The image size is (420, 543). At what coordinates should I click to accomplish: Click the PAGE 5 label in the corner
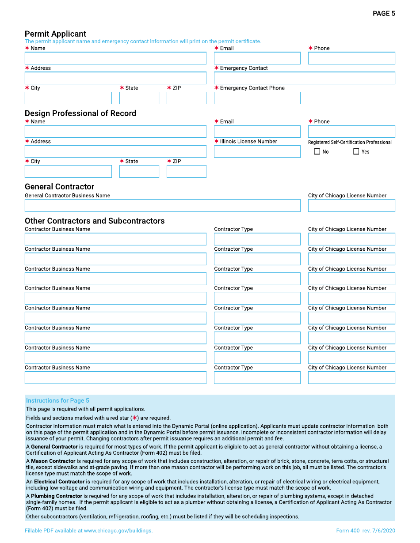pyautogui.click(x=384, y=14)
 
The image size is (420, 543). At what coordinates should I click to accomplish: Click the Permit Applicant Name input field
pyautogui.click(x=115, y=58)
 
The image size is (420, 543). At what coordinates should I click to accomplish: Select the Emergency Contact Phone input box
pyautogui.click(x=257, y=98)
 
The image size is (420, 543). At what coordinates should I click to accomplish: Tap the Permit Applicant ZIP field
pyautogui.click(x=186, y=98)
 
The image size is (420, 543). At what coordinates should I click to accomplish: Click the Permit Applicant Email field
pyautogui.click(x=257, y=58)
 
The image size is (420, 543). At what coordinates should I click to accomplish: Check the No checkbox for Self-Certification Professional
pyautogui.click(x=317, y=152)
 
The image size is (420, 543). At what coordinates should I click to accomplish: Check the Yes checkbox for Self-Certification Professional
pyautogui.click(x=356, y=152)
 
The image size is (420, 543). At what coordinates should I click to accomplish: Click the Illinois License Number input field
pyautogui.click(x=257, y=152)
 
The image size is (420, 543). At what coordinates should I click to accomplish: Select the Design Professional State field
pyautogui.click(x=139, y=171)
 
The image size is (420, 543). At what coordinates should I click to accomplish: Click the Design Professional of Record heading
pyautogui.click(x=80, y=113)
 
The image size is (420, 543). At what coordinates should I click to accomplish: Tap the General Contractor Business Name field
pyautogui.click(x=162, y=206)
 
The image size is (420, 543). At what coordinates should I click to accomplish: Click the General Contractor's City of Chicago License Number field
pyautogui.click(x=351, y=206)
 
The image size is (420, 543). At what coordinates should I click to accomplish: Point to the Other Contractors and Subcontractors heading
pyautogui.click(x=95, y=221)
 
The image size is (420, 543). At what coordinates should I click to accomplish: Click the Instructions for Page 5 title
pyautogui.click(x=57, y=401)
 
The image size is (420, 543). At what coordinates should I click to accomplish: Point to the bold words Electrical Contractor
pyautogui.click(x=59, y=482)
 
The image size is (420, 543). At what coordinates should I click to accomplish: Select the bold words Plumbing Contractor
pyautogui.click(x=57, y=496)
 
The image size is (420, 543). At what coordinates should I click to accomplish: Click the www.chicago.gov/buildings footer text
pyautogui.click(x=118, y=531)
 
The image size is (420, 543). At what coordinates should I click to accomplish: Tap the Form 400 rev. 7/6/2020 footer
pyautogui.click(x=366, y=531)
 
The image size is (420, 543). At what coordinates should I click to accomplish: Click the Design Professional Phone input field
pyautogui.click(x=351, y=132)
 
